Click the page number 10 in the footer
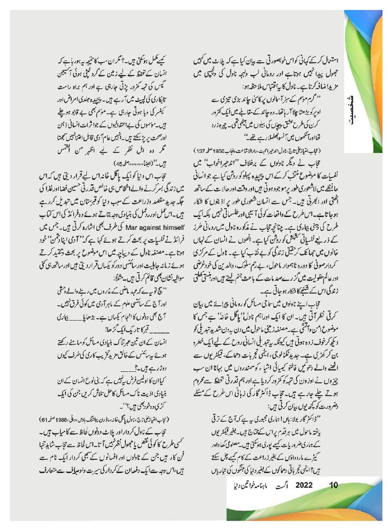tap(334, 485)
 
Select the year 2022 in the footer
tap(304, 485)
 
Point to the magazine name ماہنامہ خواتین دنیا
tap(246, 486)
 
